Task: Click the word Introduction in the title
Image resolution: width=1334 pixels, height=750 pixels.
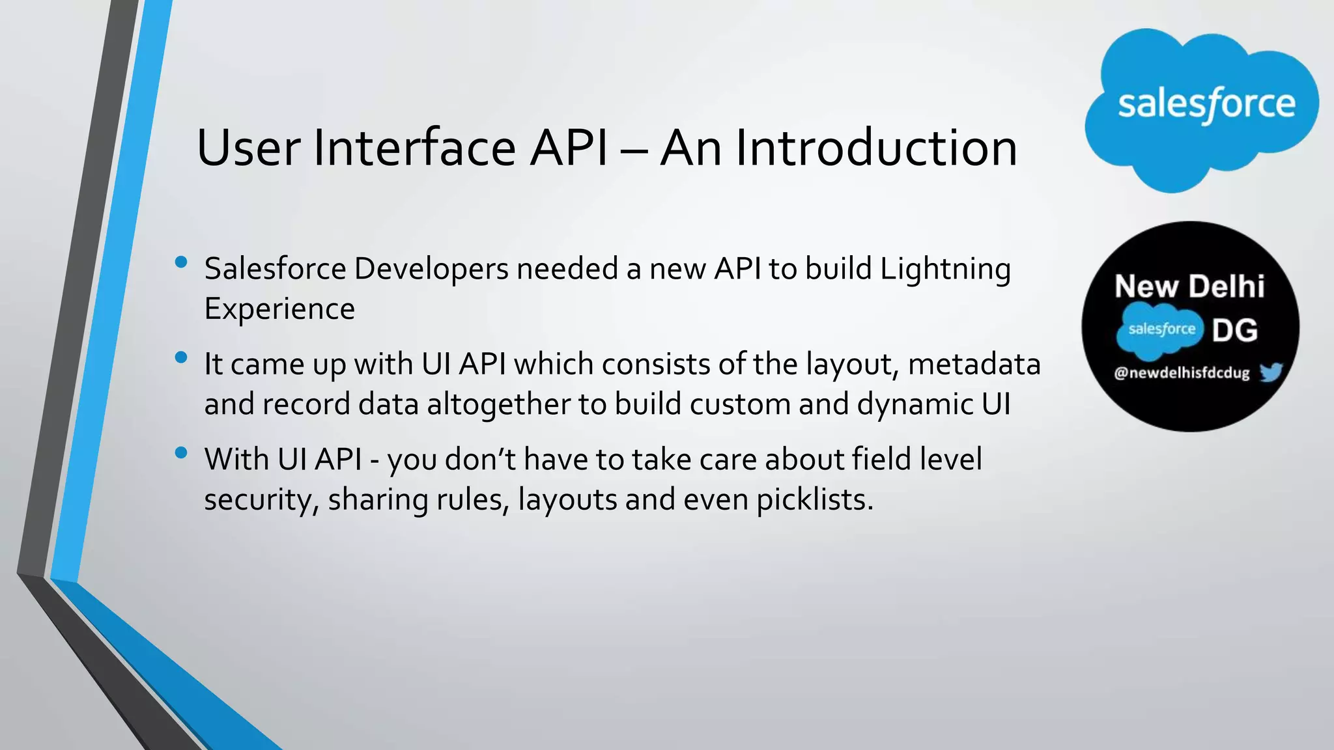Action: click(876, 148)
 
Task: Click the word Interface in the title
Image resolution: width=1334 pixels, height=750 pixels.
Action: click(416, 148)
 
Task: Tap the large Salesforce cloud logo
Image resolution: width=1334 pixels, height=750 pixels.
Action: click(1202, 107)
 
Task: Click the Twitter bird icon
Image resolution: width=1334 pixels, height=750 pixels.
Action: click(1271, 372)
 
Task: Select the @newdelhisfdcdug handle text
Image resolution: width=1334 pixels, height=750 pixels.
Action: click(1182, 373)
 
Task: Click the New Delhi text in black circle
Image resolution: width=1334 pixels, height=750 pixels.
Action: click(1189, 286)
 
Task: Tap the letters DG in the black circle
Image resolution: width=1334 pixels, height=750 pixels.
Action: click(1235, 331)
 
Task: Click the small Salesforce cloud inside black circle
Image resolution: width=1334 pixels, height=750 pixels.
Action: click(1160, 330)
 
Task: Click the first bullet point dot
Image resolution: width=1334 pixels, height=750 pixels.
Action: click(181, 262)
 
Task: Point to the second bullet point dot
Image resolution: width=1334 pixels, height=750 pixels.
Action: click(181, 357)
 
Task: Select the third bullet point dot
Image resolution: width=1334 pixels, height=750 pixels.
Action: click(181, 452)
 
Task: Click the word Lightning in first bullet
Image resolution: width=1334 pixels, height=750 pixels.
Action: click(945, 270)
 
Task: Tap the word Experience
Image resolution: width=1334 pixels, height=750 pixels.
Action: click(279, 309)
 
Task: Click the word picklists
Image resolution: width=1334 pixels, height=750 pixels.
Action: click(814, 500)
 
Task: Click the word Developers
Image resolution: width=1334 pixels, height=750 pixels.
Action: click(431, 270)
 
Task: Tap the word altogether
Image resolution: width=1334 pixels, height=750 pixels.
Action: click(498, 404)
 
